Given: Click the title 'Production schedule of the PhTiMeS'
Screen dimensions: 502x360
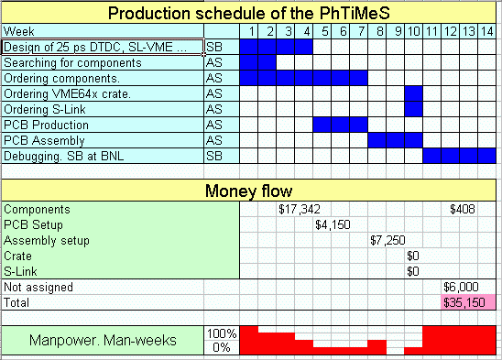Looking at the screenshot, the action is (249, 13).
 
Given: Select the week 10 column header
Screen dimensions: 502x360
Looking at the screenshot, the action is (414, 31).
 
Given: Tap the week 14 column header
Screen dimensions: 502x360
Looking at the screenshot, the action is (486, 31).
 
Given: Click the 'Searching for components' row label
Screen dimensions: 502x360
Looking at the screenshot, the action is (72, 63).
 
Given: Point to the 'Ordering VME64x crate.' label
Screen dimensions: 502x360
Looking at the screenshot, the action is (67, 93).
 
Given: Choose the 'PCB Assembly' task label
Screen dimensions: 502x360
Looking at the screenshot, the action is (44, 140).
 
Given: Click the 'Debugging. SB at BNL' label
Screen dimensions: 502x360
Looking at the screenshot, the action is (63, 157).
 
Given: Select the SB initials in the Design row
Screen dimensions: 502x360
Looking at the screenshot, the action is (214, 47).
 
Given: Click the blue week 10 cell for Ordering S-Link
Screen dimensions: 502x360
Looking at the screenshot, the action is (414, 109).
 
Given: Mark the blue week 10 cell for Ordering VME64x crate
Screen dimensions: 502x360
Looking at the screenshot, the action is (414, 93).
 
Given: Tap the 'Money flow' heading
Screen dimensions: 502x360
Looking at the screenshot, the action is (249, 191).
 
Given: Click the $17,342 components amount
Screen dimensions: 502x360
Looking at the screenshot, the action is (300, 210).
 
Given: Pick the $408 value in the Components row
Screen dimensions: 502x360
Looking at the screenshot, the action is (463, 210).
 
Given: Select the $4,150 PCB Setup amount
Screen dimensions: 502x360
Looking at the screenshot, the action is (333, 224).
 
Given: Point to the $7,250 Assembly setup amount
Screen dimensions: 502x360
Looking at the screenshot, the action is (387, 240).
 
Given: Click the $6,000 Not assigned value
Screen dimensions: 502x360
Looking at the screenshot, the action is (461, 287).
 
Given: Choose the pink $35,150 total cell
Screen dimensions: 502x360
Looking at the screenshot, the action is (468, 302).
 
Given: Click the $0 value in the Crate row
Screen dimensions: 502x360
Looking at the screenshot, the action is (413, 256).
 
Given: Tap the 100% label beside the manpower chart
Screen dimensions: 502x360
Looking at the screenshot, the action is (222, 333).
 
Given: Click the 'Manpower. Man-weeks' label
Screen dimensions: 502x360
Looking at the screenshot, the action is (103, 340).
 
